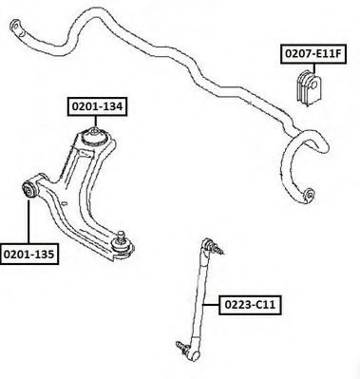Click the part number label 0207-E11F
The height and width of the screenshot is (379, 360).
coord(313,54)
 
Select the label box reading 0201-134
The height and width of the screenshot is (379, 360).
coord(97,106)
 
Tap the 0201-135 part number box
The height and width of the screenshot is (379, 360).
coord(29,254)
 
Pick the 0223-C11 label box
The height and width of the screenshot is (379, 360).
coord(250,305)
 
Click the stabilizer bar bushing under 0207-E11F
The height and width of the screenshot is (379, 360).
coord(309,86)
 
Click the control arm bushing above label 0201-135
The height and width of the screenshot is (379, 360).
coord(29,189)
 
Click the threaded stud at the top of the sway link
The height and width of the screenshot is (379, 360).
coord(218,248)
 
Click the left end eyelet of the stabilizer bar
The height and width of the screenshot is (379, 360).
coord(17,27)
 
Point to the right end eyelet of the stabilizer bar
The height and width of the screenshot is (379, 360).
coord(308,196)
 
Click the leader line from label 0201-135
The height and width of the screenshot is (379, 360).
coord(28,221)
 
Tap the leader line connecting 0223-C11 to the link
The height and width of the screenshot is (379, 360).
coord(211,305)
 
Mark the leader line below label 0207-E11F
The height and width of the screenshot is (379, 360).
coord(314,68)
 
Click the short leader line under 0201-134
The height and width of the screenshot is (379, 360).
coord(96,122)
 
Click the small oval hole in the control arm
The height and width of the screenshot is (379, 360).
coord(65,203)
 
